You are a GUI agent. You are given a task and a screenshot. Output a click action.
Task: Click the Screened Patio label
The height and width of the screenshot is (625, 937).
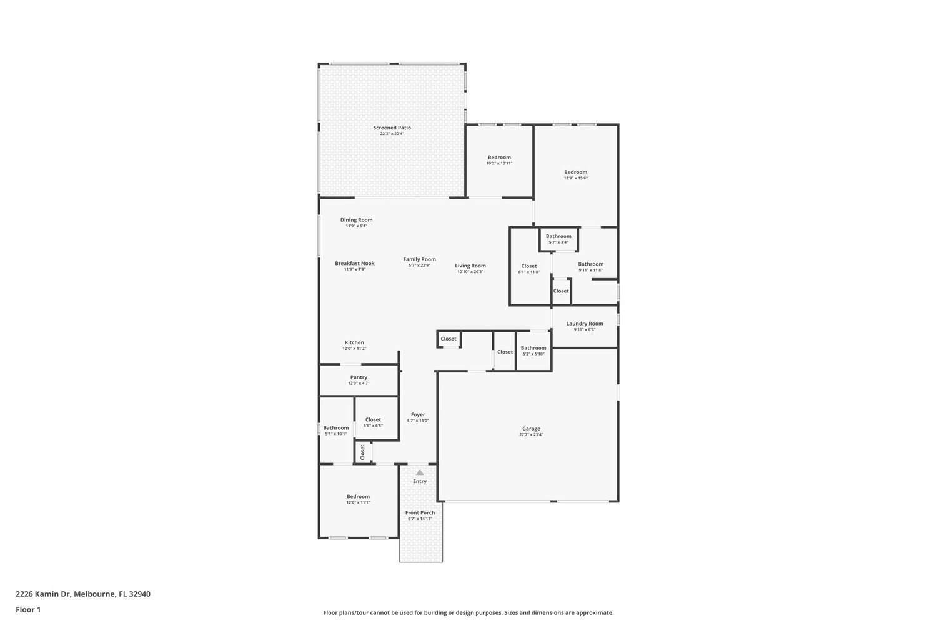tap(392, 127)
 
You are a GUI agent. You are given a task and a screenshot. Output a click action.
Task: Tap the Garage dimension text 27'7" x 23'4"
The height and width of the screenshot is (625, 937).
tap(531, 434)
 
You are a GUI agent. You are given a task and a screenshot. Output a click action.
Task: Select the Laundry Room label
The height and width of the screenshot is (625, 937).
tap(584, 324)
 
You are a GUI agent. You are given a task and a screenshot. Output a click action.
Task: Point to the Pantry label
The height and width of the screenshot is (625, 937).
tap(359, 377)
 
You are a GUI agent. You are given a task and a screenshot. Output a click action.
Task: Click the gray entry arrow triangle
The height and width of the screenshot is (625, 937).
tap(420, 472)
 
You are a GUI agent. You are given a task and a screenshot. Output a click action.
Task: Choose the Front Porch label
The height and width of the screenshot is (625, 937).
tap(420, 512)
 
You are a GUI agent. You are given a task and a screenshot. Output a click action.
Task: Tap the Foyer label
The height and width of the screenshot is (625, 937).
tap(418, 415)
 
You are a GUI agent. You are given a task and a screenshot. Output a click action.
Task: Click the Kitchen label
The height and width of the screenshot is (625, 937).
tap(354, 342)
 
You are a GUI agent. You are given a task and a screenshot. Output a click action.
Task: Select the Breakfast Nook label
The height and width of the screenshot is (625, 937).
tap(355, 263)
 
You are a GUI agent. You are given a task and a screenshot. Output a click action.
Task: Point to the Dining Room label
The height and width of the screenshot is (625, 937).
tap(357, 220)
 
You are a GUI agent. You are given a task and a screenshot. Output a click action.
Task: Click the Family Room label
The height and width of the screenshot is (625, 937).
tap(420, 259)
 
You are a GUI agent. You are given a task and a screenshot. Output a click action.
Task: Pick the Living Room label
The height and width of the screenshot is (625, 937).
tap(470, 266)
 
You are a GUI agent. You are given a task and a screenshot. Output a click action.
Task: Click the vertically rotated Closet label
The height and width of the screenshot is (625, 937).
tap(363, 452)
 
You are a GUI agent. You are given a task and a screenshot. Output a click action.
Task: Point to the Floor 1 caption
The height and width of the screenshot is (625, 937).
tap(28, 610)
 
